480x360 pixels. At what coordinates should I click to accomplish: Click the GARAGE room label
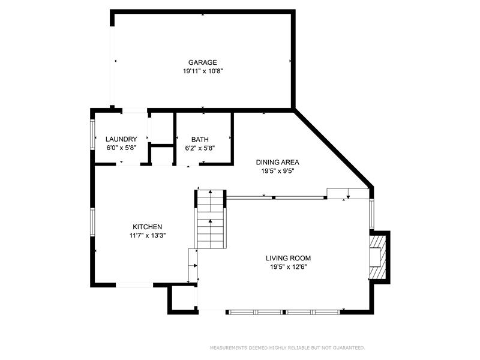tap(202, 62)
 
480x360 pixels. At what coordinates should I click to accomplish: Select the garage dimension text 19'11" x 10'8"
tap(202, 71)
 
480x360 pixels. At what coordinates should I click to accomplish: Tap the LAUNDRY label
tap(121, 139)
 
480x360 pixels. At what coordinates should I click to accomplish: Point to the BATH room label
tap(200, 140)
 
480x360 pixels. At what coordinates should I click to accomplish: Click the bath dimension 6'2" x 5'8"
tap(200, 148)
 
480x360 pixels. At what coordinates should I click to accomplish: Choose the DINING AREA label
tap(277, 162)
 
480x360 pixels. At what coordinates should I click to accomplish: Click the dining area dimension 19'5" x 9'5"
tap(277, 171)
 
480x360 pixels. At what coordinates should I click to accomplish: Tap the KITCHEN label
tap(147, 227)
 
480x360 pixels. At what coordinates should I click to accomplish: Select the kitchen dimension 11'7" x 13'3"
tap(147, 236)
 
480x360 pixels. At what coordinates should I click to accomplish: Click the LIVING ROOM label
tap(288, 258)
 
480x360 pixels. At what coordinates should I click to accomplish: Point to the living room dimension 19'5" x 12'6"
tap(288, 267)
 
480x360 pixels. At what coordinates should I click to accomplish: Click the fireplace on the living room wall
tap(379, 257)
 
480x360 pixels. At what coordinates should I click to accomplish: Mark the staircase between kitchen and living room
tap(211, 219)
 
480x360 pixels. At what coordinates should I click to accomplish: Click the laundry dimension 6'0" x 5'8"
tap(121, 148)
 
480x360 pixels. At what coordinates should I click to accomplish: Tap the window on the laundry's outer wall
tap(92, 134)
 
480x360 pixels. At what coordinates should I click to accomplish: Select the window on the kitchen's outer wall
tap(92, 222)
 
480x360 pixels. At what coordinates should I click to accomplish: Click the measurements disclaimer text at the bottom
tap(287, 348)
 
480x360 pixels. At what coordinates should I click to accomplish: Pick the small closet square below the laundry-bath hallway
tap(162, 155)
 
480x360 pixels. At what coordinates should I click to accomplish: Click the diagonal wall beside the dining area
tap(333, 148)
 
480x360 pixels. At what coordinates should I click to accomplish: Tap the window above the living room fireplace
tap(371, 214)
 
